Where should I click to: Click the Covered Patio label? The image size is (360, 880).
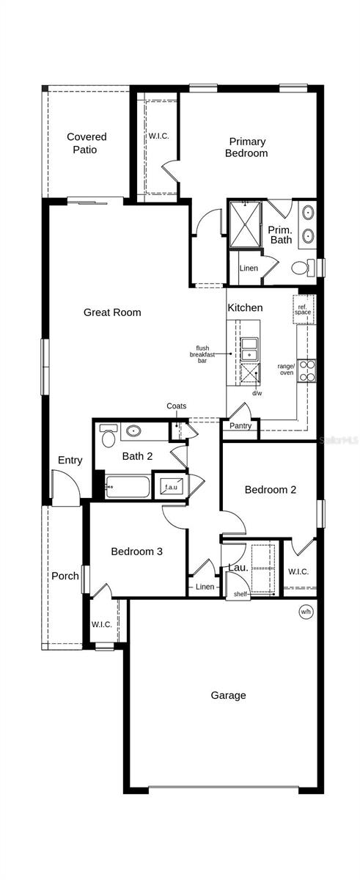tap(87, 143)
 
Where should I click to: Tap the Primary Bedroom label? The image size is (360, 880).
tap(247, 147)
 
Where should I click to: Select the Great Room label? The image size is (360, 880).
tap(112, 312)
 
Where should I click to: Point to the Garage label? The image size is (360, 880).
tap(228, 695)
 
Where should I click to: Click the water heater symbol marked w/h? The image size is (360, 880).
tap(305, 611)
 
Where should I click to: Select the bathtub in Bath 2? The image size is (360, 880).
tap(127, 487)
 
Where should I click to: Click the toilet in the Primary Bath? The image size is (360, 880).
tap(301, 268)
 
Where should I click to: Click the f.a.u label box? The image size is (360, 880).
tap(171, 487)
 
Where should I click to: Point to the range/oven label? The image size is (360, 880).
tap(285, 370)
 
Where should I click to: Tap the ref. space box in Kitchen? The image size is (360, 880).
tap(303, 308)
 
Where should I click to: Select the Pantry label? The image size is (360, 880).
tap(240, 426)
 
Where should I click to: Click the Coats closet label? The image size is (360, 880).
tap(176, 406)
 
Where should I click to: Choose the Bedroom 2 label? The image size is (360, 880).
tap(271, 490)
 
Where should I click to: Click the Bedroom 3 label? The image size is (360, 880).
tap(137, 551)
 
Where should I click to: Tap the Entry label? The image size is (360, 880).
tap(70, 461)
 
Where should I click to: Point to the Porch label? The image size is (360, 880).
tap(65, 576)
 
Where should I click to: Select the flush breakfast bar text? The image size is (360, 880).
tap(203, 354)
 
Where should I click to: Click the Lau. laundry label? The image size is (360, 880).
tap(237, 567)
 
